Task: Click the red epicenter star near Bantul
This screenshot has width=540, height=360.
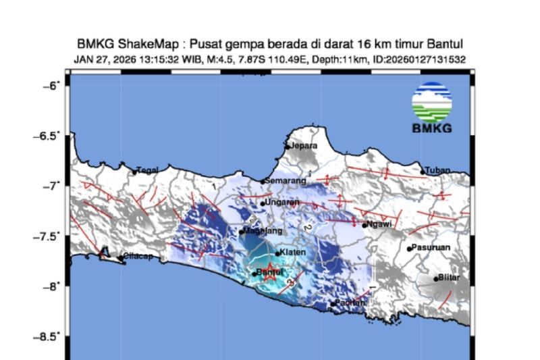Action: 269,273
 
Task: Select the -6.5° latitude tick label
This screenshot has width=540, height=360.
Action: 49,136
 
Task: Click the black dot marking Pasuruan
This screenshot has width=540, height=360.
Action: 409,249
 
